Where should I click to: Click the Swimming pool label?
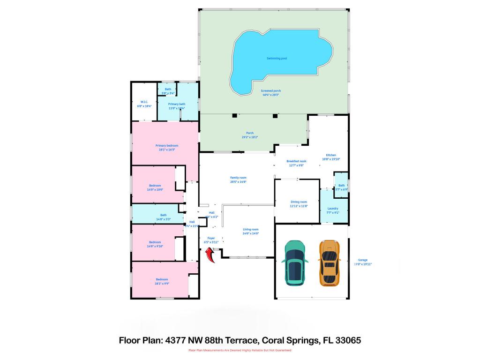[277, 58]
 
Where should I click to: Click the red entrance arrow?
[210, 255]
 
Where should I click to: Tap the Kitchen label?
[331, 155]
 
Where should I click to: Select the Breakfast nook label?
[296, 161]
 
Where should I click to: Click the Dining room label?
[298, 202]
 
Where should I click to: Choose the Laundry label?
[333, 208]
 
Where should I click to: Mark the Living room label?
[250, 229]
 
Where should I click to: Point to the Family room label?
[238, 178]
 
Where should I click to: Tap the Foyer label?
[211, 238]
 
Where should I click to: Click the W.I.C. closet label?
[144, 102]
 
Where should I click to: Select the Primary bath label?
[177, 104]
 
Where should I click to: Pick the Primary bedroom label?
[167, 146]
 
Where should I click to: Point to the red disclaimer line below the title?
[240, 351]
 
